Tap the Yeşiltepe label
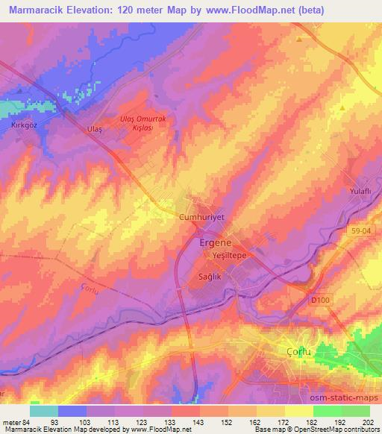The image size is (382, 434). coord(229,254)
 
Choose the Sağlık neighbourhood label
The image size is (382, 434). coord(210,276)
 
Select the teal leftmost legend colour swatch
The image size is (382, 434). coord(44,411)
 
